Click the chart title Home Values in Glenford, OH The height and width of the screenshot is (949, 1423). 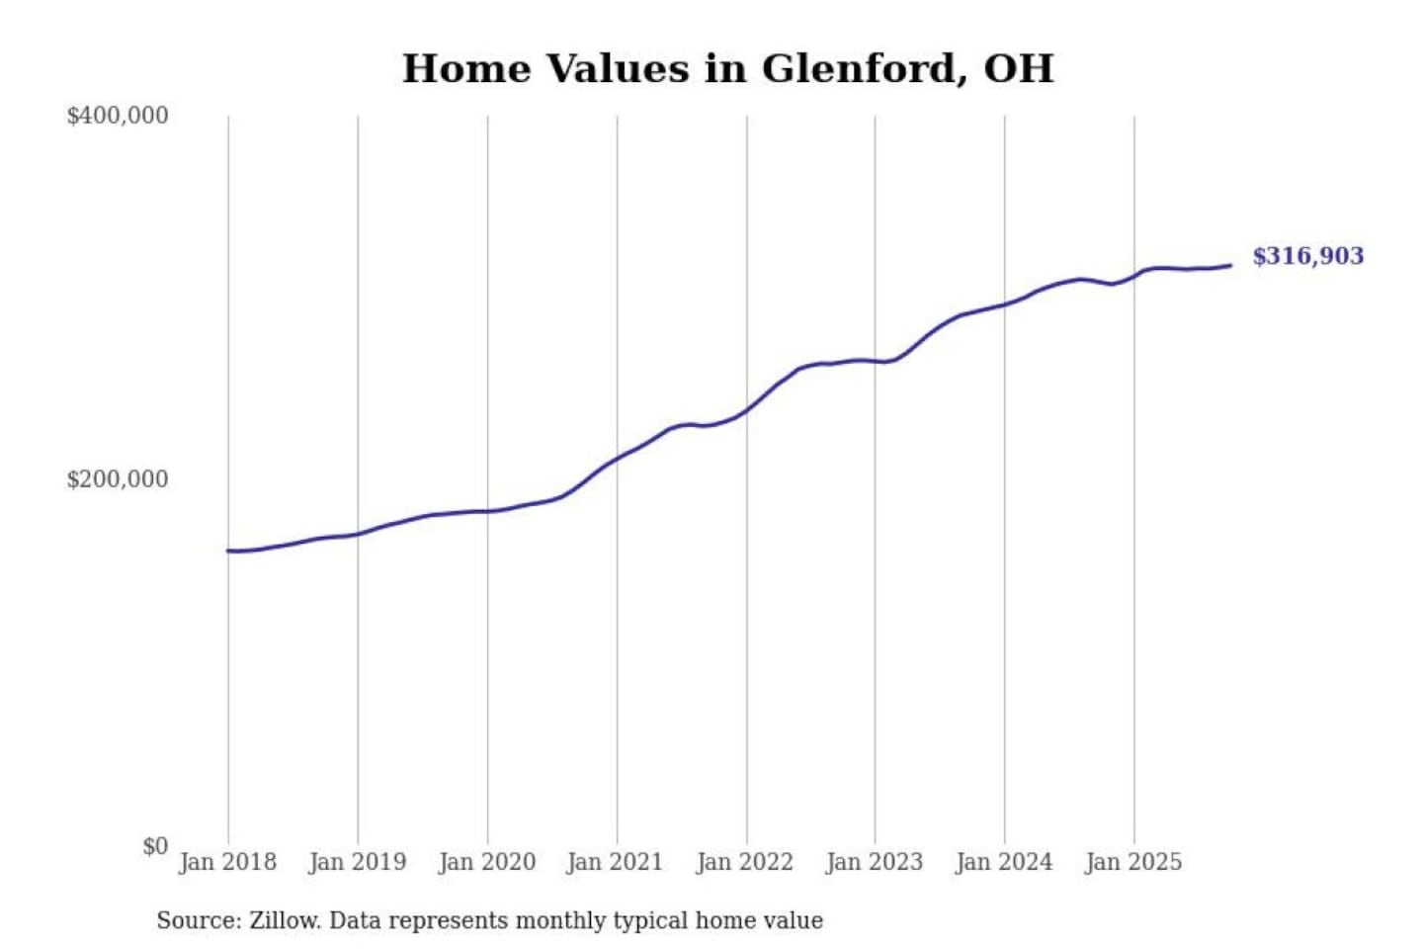[727, 69]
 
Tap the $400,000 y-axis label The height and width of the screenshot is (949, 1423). [118, 116]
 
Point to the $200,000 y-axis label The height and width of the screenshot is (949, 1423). [118, 479]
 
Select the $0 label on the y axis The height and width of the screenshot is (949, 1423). [155, 846]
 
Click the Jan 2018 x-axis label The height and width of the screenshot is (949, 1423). [227, 862]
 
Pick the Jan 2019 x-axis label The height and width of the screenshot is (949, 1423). [357, 862]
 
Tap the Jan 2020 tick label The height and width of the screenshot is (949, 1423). [486, 862]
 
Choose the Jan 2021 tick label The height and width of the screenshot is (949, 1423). [615, 862]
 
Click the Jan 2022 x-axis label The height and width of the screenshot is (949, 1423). [744, 862]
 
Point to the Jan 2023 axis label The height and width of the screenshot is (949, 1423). [874, 862]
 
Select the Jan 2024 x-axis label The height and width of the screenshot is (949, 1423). [1003, 862]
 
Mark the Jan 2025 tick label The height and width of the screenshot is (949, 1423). [1132, 862]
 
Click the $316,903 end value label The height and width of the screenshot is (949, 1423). [1307, 256]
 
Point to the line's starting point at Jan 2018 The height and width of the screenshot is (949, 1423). [228, 551]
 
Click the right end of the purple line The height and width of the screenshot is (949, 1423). [1229, 265]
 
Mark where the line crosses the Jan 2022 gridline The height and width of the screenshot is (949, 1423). [747, 408]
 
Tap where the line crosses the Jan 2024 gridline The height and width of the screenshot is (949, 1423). [1005, 303]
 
